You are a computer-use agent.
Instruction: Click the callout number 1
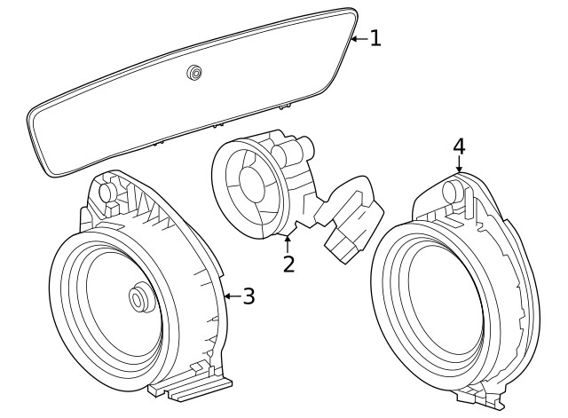tap(375, 38)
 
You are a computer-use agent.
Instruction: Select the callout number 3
tap(248, 296)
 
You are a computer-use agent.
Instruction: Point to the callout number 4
tap(459, 146)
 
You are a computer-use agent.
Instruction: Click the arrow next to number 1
tap(357, 38)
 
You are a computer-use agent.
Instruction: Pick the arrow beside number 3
tap(230, 296)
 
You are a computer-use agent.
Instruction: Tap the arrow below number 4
tap(459, 167)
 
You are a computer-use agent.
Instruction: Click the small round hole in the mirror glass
tap(193, 73)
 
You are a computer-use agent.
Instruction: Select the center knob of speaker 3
tap(138, 299)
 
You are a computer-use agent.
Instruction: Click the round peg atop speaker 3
tap(106, 191)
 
